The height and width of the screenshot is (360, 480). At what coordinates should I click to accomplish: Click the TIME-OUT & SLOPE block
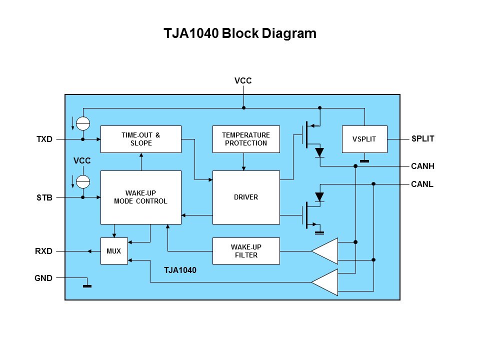click(x=140, y=139)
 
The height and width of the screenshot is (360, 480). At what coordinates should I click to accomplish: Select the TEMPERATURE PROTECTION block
click(x=245, y=139)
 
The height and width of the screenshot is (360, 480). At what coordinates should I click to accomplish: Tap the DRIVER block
click(x=245, y=197)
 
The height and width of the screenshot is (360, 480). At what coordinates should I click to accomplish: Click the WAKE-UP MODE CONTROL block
click(x=140, y=197)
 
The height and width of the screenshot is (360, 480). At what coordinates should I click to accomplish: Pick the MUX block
click(x=114, y=251)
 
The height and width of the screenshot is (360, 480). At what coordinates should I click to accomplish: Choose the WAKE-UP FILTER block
click(x=245, y=251)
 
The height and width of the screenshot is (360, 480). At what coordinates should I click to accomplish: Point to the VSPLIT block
click(x=364, y=139)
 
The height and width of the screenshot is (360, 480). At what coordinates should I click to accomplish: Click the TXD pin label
click(x=44, y=139)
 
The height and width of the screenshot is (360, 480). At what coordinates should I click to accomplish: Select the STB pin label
click(x=44, y=197)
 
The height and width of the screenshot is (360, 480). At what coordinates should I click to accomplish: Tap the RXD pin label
click(x=44, y=251)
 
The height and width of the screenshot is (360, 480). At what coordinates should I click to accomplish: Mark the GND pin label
click(x=44, y=278)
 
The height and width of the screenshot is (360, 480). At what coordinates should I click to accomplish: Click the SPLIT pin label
click(x=422, y=139)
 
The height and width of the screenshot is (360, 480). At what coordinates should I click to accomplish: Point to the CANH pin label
click(x=422, y=166)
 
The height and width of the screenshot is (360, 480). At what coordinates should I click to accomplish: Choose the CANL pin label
click(x=422, y=184)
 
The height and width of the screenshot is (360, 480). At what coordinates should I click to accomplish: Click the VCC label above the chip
click(x=243, y=80)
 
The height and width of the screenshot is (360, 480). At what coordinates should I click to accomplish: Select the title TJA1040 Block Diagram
click(x=240, y=34)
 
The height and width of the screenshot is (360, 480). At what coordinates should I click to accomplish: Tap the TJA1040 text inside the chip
click(x=180, y=270)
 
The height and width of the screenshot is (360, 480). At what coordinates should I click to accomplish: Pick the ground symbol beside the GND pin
click(x=87, y=284)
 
